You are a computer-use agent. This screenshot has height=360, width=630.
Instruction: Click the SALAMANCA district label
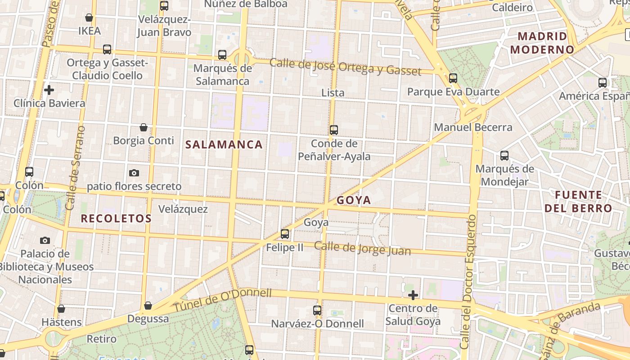(224, 144)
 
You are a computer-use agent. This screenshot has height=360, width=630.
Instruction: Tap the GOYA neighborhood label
(354, 200)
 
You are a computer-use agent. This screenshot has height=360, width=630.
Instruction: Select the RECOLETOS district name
(116, 219)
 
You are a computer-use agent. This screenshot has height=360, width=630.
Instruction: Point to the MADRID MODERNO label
(542, 43)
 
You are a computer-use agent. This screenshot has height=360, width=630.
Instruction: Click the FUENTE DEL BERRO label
(578, 202)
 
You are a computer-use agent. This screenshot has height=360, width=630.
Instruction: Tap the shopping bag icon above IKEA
(89, 18)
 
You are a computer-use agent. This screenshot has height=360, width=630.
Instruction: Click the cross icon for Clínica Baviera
(49, 90)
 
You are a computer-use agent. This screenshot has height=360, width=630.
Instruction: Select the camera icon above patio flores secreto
(134, 173)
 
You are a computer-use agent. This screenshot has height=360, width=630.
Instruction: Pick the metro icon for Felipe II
(285, 234)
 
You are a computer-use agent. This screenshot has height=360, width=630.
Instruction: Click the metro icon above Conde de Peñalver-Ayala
(333, 130)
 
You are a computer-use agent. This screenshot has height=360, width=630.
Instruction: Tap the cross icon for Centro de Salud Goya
(413, 295)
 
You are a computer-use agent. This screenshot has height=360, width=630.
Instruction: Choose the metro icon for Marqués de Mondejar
(504, 156)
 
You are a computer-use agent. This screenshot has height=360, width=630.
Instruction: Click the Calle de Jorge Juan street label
(362, 248)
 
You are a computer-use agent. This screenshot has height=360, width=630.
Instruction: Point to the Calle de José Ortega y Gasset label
(345, 67)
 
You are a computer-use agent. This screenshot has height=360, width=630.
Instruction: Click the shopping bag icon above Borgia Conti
(143, 127)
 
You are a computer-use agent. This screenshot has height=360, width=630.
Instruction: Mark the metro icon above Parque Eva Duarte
(453, 78)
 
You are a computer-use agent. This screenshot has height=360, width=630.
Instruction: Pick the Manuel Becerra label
(473, 127)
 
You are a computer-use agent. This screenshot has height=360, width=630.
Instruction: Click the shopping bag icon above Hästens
(61, 309)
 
